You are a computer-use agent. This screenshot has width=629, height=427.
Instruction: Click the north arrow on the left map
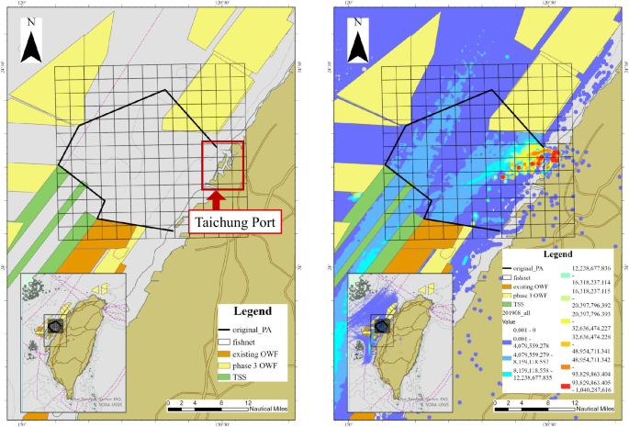(32, 45)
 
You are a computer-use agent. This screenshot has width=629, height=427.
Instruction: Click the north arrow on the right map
(359, 45)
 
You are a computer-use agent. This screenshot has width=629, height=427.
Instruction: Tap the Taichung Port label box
(233, 220)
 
